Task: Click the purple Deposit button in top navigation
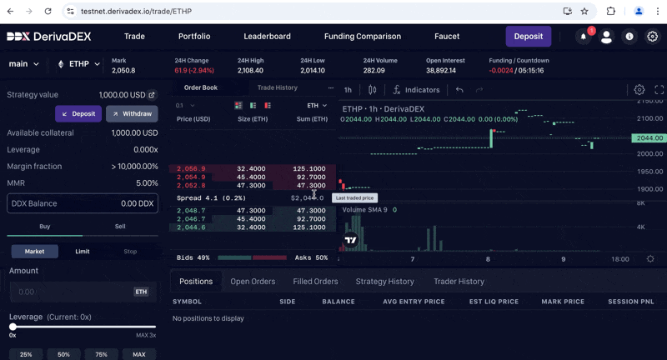[x=528, y=37]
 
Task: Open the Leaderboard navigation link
[x=267, y=37]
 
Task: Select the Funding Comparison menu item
[x=362, y=37]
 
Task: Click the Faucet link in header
[x=447, y=37]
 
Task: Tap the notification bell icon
[x=583, y=37]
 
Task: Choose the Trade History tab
[x=277, y=87]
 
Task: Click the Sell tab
[x=120, y=227]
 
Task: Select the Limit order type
[x=83, y=251]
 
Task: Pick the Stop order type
[x=130, y=251]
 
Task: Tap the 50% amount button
[x=63, y=354]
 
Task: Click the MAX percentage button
[x=138, y=354]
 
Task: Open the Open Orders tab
[x=253, y=282]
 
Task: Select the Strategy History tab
[x=384, y=282]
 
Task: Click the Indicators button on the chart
[x=416, y=90]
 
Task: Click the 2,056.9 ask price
[x=191, y=169]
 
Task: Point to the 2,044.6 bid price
[x=191, y=227]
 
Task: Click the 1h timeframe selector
[x=348, y=90]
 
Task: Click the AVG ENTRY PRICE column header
[x=414, y=302]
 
